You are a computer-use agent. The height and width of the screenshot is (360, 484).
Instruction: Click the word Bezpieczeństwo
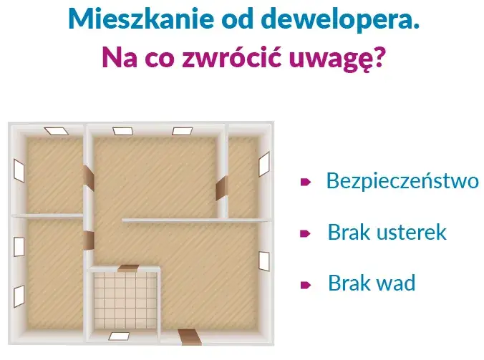pyautogui.click(x=402, y=180)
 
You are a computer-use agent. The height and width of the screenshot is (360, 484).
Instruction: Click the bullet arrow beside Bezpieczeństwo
pyautogui.click(x=304, y=182)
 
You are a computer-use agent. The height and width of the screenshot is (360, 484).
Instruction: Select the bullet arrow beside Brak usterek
pyautogui.click(x=304, y=233)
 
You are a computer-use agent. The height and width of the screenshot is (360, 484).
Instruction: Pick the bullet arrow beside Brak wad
pyautogui.click(x=304, y=284)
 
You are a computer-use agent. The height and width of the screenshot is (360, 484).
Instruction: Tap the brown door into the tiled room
pyautogui.click(x=128, y=268)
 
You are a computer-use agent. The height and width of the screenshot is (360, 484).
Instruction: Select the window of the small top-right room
pyautogui.click(x=263, y=163)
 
